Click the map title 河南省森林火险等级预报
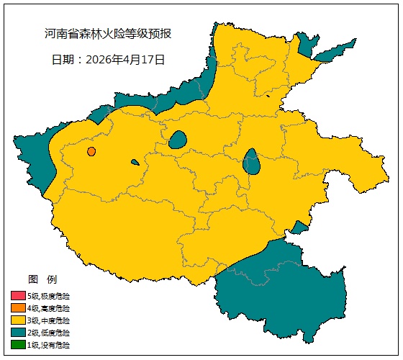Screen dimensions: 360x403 108,34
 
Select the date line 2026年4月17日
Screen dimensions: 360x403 108,60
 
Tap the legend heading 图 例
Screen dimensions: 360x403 42,279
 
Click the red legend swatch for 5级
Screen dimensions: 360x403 18,296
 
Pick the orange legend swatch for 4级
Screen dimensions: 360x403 18,308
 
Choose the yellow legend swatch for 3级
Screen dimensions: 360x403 18,320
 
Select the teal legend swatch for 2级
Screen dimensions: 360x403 18,333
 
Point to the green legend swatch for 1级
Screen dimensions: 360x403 18,345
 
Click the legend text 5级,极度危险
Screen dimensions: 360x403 49,296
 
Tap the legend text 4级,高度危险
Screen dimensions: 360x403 49,308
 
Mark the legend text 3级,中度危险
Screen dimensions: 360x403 49,320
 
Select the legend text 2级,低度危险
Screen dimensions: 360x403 49,333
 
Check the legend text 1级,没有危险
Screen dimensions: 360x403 49,345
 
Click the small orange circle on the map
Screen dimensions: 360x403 91,151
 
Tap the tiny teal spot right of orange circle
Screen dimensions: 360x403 135,162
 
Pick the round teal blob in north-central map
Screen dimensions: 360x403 178,139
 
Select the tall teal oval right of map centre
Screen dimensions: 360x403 252,162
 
